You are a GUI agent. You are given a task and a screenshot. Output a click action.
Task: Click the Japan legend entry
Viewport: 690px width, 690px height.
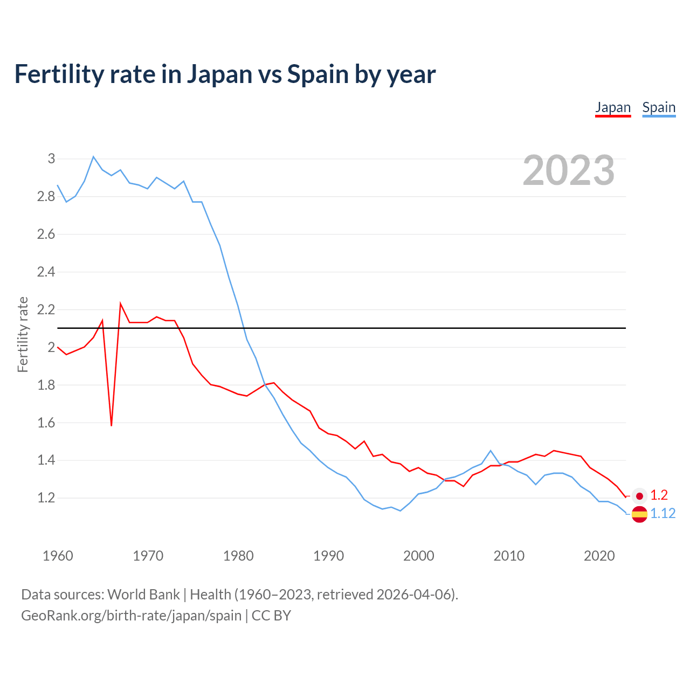[x=613, y=107]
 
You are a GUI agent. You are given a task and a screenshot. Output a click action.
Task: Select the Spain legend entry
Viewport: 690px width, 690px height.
[x=659, y=107]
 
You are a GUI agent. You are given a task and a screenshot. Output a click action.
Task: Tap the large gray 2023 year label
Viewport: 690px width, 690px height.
[x=569, y=170]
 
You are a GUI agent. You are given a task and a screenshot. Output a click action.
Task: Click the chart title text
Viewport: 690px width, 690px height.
[x=225, y=74]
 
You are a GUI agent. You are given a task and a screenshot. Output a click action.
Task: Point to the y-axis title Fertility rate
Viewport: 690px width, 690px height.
[x=23, y=334]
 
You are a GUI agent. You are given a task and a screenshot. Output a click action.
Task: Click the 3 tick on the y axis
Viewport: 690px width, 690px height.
[x=51, y=158]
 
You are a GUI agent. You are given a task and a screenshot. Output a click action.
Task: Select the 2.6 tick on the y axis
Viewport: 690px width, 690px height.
[x=46, y=234]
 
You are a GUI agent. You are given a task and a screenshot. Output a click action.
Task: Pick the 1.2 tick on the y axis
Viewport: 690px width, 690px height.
[x=46, y=498]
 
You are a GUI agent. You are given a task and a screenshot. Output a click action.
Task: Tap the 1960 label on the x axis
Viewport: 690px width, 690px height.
[x=58, y=556]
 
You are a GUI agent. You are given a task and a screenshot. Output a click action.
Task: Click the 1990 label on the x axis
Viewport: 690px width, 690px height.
[x=328, y=556]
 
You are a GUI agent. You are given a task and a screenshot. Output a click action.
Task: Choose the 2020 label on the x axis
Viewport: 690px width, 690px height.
[x=599, y=556]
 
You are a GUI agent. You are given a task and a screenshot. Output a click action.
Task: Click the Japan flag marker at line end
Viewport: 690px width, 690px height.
[x=639, y=495]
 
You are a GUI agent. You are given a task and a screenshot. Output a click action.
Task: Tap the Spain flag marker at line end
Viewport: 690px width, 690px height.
[x=639, y=514]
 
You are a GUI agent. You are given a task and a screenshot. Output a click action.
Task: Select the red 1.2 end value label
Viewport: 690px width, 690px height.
[x=659, y=495]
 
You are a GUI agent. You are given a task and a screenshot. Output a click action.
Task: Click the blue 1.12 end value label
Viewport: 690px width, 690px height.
[x=663, y=514]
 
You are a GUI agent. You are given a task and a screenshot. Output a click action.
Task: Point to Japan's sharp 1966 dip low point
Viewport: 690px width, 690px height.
[x=112, y=425]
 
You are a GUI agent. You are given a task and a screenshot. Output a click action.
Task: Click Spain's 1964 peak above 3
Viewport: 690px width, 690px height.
[x=93, y=157]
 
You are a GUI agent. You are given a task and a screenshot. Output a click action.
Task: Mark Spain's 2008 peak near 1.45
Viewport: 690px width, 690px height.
[x=491, y=451]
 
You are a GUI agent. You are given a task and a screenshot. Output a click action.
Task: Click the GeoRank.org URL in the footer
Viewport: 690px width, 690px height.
[x=131, y=616]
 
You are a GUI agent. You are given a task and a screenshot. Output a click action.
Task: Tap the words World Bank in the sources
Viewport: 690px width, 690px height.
[x=143, y=595]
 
